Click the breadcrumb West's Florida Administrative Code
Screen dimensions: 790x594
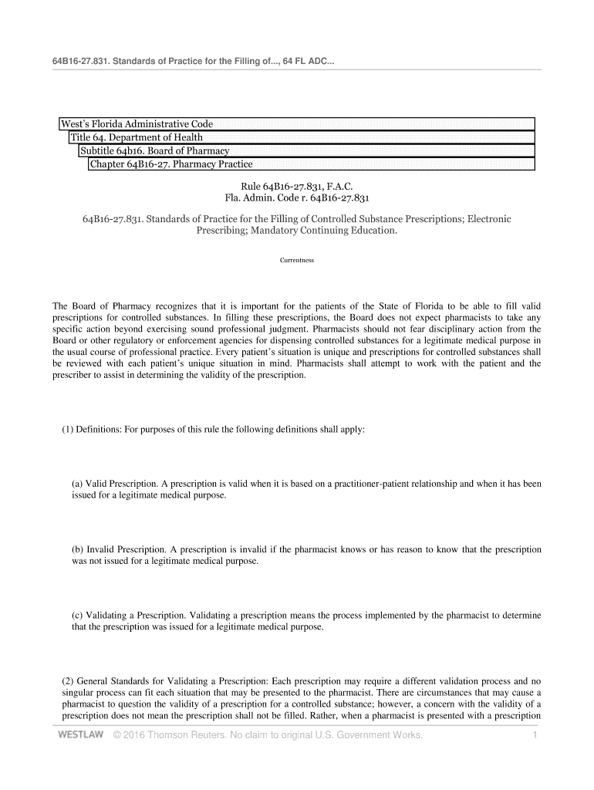pos(137,124)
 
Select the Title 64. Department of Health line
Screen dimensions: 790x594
pos(137,137)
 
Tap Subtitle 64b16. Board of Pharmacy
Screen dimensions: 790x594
pos(155,150)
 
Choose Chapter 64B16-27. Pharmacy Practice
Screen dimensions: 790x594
pos(171,164)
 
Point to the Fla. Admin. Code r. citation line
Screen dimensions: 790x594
pos(297,198)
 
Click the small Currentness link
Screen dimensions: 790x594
pos(297,260)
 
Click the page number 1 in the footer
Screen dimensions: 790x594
pos(534,734)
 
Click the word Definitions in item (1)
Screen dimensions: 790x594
pos(100,429)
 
